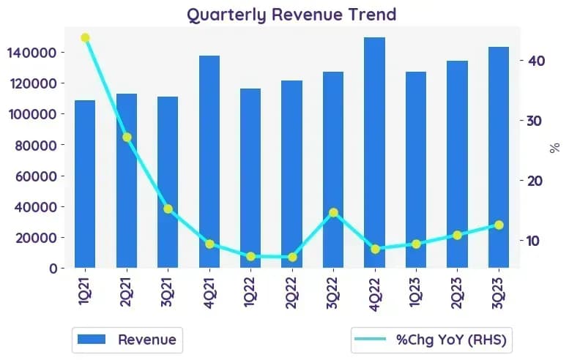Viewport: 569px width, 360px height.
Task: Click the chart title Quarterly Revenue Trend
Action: point(291,15)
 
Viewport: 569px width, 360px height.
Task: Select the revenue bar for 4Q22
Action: point(374,153)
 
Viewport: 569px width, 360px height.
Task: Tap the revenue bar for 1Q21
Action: point(85,184)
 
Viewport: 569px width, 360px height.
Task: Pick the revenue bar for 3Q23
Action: point(499,157)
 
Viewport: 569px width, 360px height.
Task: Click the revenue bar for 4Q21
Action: point(209,162)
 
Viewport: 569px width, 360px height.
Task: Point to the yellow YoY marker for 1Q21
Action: point(85,38)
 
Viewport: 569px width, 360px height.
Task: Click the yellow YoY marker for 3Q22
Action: point(333,212)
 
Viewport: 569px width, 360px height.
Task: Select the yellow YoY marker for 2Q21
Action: point(127,138)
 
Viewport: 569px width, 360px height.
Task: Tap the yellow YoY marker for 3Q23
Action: point(499,225)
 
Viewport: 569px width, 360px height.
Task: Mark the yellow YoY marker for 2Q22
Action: point(292,257)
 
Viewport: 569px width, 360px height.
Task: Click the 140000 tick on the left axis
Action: point(32,53)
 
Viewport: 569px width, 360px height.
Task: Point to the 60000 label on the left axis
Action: point(36,176)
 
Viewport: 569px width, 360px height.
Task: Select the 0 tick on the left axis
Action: point(53,269)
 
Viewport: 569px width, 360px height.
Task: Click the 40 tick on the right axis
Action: point(537,61)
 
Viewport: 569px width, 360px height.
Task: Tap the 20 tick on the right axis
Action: point(535,181)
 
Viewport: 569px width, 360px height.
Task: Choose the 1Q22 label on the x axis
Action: point(250,292)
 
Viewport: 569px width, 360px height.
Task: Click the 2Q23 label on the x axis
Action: point(457,293)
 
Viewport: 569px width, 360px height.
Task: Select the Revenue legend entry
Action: point(127,340)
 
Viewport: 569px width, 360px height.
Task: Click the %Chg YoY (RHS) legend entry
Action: point(431,340)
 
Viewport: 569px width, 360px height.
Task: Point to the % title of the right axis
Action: point(555,149)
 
